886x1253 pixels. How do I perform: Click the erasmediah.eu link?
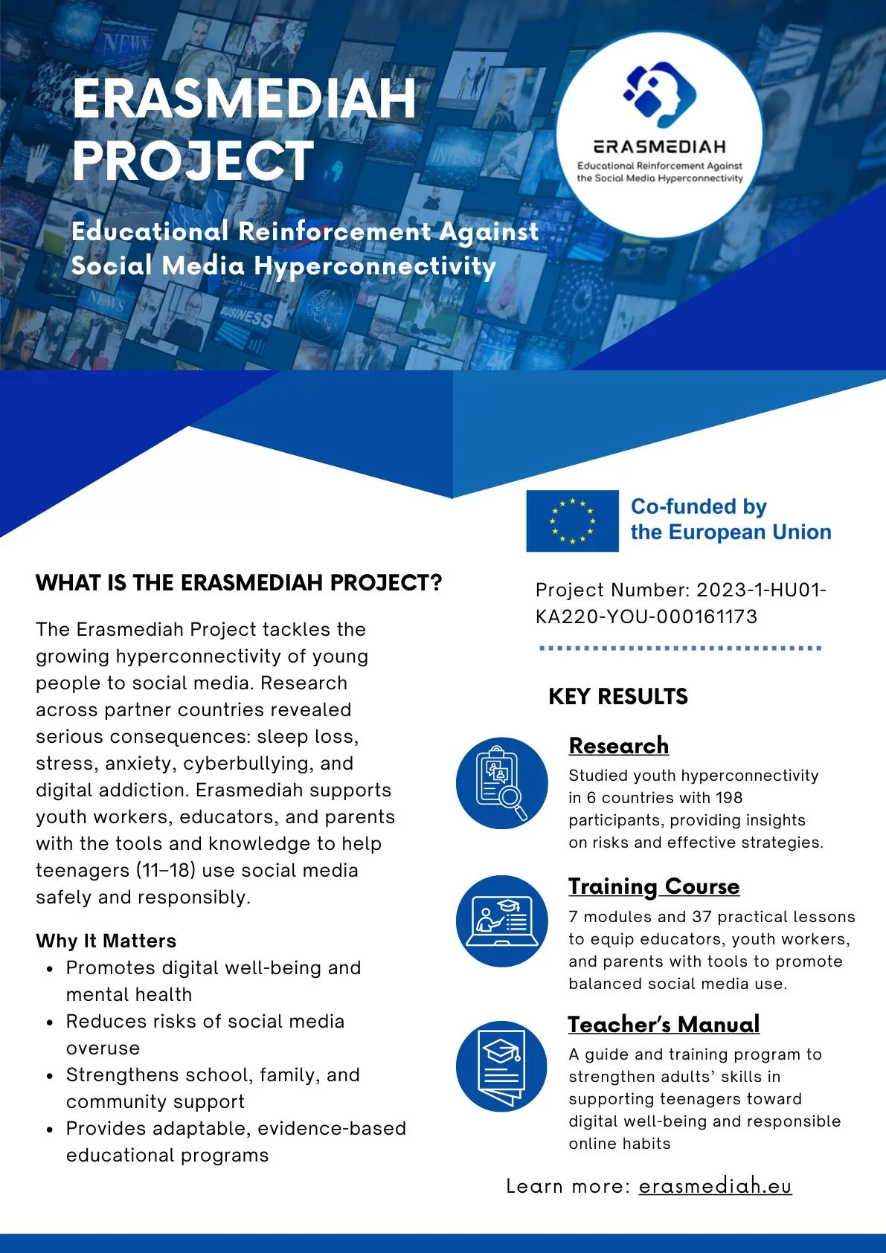click(715, 1185)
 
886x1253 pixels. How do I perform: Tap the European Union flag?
click(572, 521)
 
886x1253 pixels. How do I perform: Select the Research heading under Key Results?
click(618, 745)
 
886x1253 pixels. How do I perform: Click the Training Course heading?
click(654, 886)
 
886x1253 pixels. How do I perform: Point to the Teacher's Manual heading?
click(664, 1024)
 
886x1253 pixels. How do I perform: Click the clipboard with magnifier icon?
click(501, 783)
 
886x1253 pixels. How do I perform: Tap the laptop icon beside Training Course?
click(501, 921)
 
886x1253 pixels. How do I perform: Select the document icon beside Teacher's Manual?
click(501, 1066)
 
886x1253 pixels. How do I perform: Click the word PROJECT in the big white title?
click(193, 161)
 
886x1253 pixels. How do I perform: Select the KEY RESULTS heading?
click(617, 697)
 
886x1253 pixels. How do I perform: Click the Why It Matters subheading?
click(106, 941)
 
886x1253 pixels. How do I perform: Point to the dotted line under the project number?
click(680, 648)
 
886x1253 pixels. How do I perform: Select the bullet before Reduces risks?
click(49, 1022)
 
